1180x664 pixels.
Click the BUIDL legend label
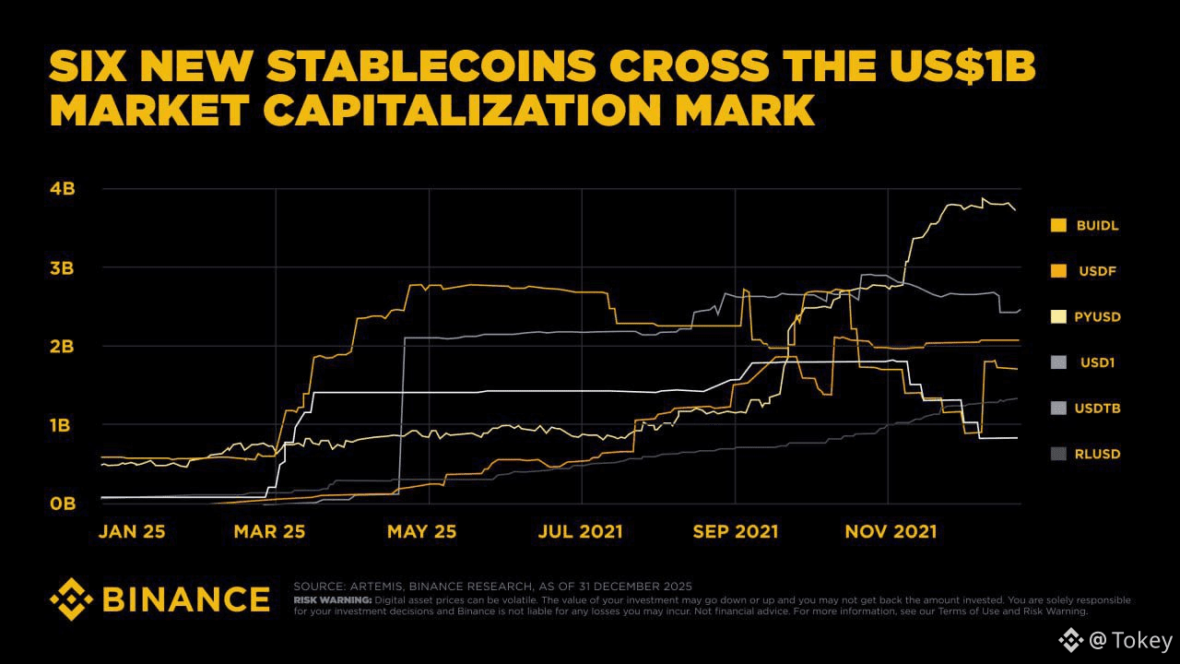1097,225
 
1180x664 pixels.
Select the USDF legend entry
1096,271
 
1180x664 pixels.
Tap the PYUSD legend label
1097,317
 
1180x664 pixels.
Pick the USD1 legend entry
1097,362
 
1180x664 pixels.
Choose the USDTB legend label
1097,409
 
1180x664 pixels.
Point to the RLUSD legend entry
1097,454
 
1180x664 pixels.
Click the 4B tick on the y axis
63,189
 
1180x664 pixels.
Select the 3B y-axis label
63,268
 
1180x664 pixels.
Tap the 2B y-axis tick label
63,347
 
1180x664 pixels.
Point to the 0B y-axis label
63,504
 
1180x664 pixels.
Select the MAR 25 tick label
269,532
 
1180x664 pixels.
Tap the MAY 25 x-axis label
420,532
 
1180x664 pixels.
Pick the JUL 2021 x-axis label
581,532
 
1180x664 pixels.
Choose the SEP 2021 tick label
736,532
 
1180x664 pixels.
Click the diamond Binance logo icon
72,599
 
